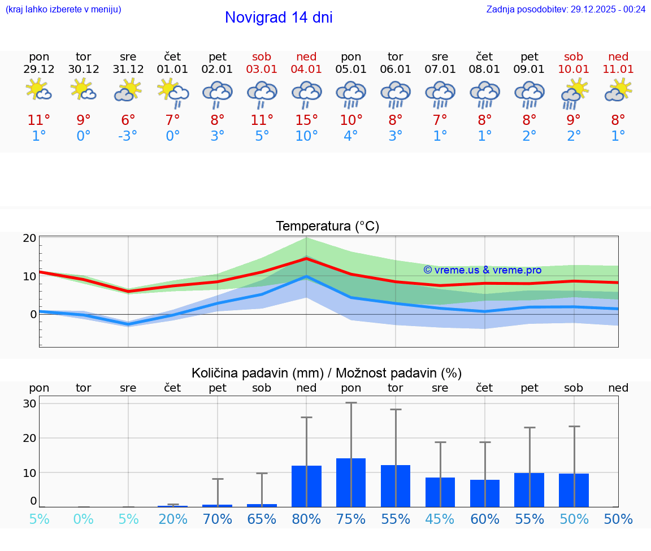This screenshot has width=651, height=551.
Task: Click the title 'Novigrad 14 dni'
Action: click(279, 18)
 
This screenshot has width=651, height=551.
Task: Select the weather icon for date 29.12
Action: click(39, 89)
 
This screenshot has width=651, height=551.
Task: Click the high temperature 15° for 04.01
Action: click(306, 120)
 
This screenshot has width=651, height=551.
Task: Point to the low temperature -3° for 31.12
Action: click(128, 136)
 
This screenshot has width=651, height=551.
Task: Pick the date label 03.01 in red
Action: click(262, 70)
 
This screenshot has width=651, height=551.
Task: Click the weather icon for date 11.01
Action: click(618, 89)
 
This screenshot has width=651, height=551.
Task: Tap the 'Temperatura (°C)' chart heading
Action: click(327, 227)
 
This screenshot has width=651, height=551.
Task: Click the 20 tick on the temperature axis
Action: click(30, 238)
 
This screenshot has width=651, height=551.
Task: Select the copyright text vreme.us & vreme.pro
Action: click(482, 270)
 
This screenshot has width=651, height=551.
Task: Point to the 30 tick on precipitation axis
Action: click(30, 404)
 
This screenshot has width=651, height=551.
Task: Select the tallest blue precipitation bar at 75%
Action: click(351, 483)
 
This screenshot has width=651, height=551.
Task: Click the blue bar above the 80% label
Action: click(306, 486)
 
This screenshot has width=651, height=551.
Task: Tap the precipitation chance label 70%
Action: click(218, 519)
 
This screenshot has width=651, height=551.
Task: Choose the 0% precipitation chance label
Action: click(84, 519)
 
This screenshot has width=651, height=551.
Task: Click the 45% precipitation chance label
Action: click(440, 519)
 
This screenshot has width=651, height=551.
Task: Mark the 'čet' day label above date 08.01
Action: click(484, 57)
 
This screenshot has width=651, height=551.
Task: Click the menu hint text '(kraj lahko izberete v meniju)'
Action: click(63, 10)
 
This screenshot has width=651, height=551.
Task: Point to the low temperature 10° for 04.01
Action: click(306, 136)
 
